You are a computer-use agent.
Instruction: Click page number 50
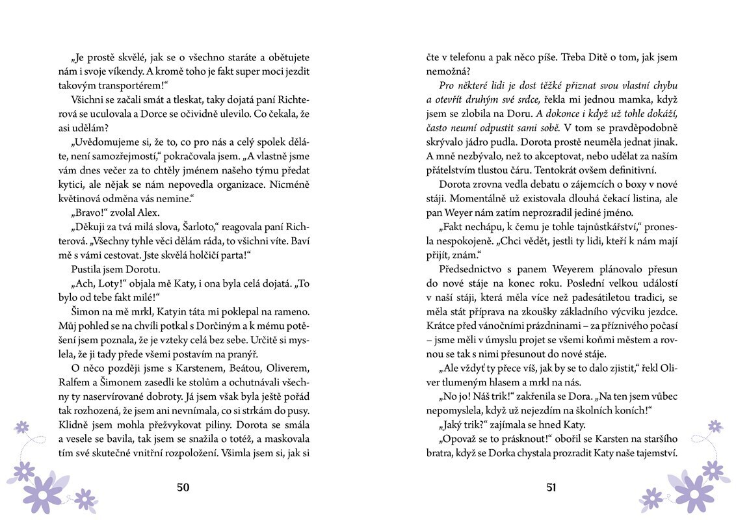[x=183, y=488]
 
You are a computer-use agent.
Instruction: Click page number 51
[x=551, y=488]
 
